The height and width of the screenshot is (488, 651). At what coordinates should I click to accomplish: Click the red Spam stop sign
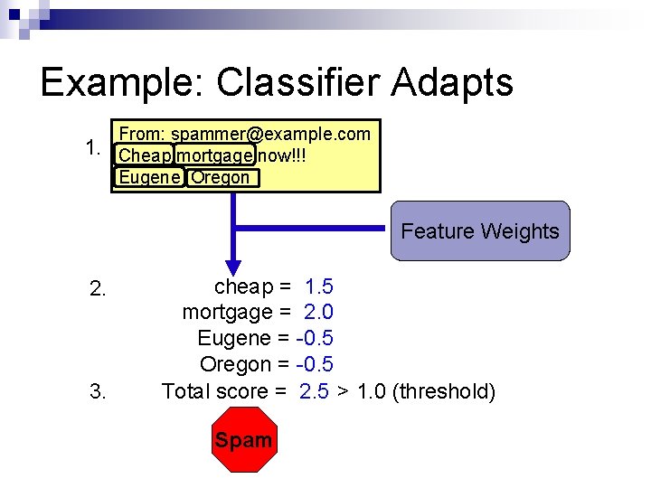click(243, 440)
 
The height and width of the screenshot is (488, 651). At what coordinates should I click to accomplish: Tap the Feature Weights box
click(479, 231)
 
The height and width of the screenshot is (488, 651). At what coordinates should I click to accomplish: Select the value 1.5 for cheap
click(319, 287)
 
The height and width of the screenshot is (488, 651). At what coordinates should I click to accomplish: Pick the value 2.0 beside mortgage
click(319, 313)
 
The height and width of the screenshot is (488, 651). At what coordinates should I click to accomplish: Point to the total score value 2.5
click(314, 391)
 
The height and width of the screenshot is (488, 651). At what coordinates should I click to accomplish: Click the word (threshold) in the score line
click(444, 391)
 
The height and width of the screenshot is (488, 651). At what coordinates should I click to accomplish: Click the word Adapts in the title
click(452, 82)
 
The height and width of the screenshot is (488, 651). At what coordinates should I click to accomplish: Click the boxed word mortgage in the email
click(214, 155)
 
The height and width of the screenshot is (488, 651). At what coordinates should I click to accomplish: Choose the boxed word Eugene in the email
click(149, 177)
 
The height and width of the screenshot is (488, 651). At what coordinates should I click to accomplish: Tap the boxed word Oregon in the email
click(220, 177)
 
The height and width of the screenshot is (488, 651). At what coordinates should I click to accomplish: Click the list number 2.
click(99, 289)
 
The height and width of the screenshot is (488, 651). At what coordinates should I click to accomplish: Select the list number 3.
click(99, 391)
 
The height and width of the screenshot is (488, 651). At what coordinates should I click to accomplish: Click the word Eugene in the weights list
click(233, 339)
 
